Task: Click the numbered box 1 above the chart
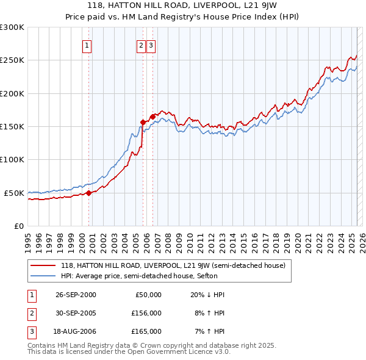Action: pyautogui.click(x=87, y=45)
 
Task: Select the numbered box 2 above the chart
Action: pyautogui.click(x=141, y=45)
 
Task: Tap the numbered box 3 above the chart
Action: pyautogui.click(x=151, y=45)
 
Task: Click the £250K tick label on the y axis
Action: pyautogui.click(x=12, y=60)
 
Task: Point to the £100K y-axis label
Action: pyautogui.click(x=12, y=159)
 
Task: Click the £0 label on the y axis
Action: pyautogui.click(x=18, y=226)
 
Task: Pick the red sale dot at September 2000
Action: pyautogui.click(x=89, y=193)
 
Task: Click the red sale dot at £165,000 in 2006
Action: pyautogui.click(x=152, y=117)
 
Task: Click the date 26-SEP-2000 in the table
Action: pyautogui.click(x=76, y=295)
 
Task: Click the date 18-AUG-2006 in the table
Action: pyautogui.click(x=76, y=331)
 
